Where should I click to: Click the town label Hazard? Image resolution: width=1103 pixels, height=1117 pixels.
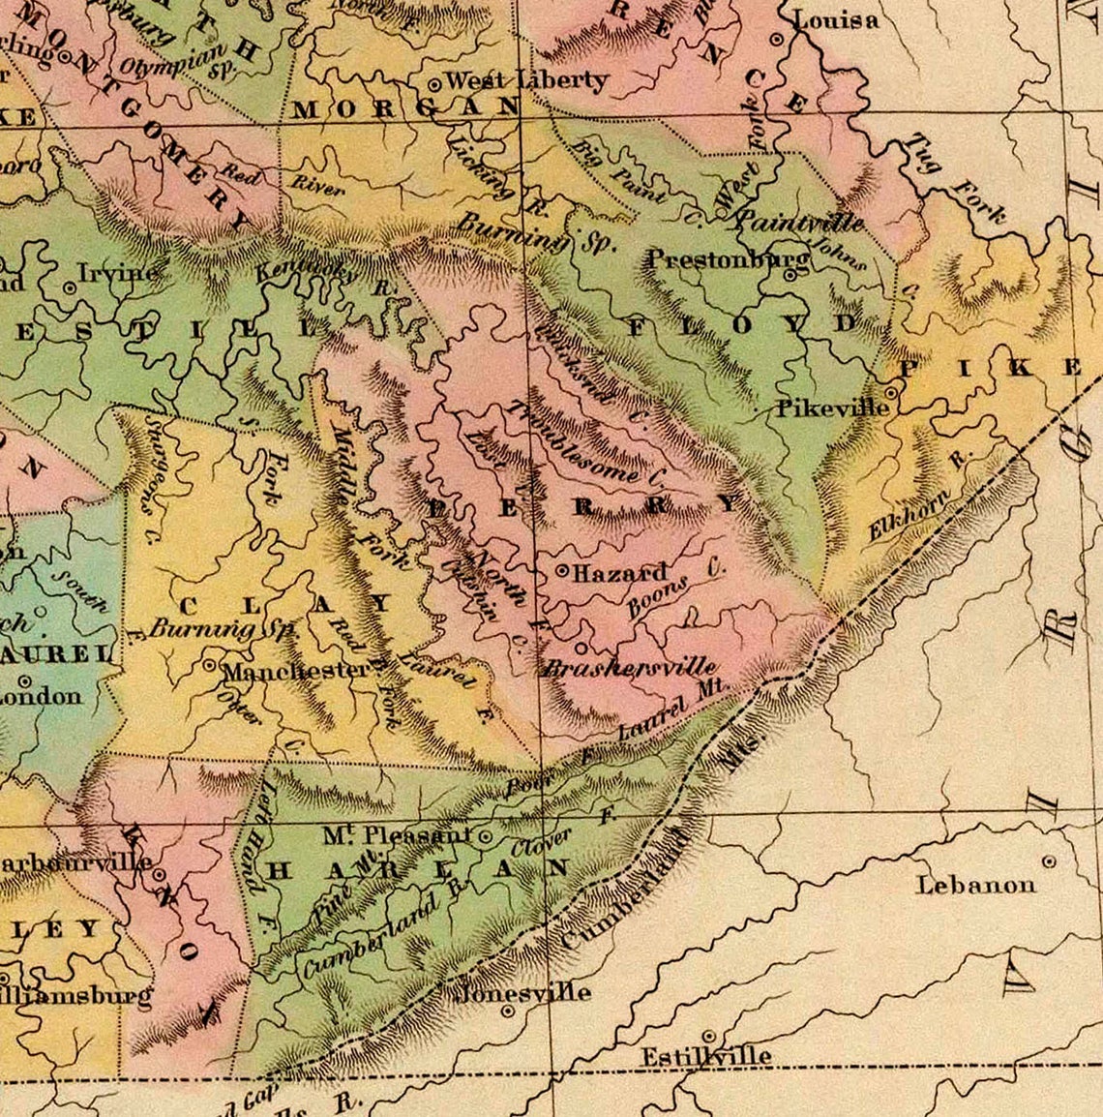(620, 573)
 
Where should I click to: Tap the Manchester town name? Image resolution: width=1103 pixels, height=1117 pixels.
(295, 670)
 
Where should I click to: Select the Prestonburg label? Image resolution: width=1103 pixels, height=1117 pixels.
(728, 259)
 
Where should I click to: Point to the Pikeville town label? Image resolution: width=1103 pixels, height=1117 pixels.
(832, 408)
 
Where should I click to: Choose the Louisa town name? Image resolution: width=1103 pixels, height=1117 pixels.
(836, 19)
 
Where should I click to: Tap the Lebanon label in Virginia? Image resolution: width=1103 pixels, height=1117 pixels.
(975, 884)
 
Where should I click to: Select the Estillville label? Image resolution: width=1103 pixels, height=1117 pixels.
(706, 1055)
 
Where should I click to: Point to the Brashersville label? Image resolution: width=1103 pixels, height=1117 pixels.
(630, 667)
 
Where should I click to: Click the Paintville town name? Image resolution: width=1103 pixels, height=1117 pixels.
(799, 222)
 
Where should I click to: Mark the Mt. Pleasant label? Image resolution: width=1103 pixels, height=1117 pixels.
(397, 834)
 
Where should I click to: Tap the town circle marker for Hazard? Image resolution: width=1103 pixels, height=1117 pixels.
(562, 571)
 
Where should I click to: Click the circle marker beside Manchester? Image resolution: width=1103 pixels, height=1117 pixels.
(210, 666)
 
